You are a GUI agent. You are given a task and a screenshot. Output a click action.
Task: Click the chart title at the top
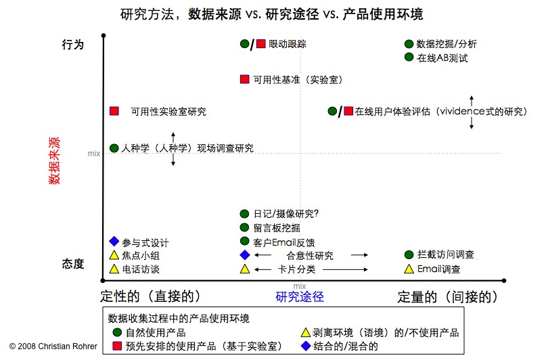(271, 14)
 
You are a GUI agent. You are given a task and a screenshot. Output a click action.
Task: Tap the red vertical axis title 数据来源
(54, 160)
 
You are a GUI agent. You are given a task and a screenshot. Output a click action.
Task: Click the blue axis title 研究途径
(300, 297)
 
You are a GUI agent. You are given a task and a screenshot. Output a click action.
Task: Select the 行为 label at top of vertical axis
(72, 45)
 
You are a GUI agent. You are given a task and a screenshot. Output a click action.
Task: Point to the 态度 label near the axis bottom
(72, 263)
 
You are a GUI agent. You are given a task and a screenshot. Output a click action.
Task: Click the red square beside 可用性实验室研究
(114, 111)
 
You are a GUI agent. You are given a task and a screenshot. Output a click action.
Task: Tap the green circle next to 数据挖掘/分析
(409, 44)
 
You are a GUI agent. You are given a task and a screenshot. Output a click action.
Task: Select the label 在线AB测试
(442, 58)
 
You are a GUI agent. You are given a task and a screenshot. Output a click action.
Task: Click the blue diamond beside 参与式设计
(114, 241)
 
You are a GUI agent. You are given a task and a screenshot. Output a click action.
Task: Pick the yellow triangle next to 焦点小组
(114, 256)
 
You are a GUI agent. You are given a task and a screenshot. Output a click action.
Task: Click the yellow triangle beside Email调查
(409, 269)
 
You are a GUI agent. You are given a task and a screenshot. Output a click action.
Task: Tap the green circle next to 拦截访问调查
(409, 255)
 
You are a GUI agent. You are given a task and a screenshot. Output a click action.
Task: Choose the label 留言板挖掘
(277, 228)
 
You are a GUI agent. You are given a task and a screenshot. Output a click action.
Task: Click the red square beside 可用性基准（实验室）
(245, 79)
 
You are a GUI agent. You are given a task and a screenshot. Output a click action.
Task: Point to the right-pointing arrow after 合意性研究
(360, 255)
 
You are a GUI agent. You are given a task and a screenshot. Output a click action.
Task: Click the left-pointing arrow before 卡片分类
(262, 269)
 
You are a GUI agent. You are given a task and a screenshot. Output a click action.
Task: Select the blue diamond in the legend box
(306, 346)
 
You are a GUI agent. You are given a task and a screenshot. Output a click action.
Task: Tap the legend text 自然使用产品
(156, 332)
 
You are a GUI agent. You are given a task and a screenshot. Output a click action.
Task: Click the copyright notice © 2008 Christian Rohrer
(53, 346)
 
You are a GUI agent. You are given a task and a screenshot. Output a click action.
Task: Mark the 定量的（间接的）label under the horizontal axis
(448, 297)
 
